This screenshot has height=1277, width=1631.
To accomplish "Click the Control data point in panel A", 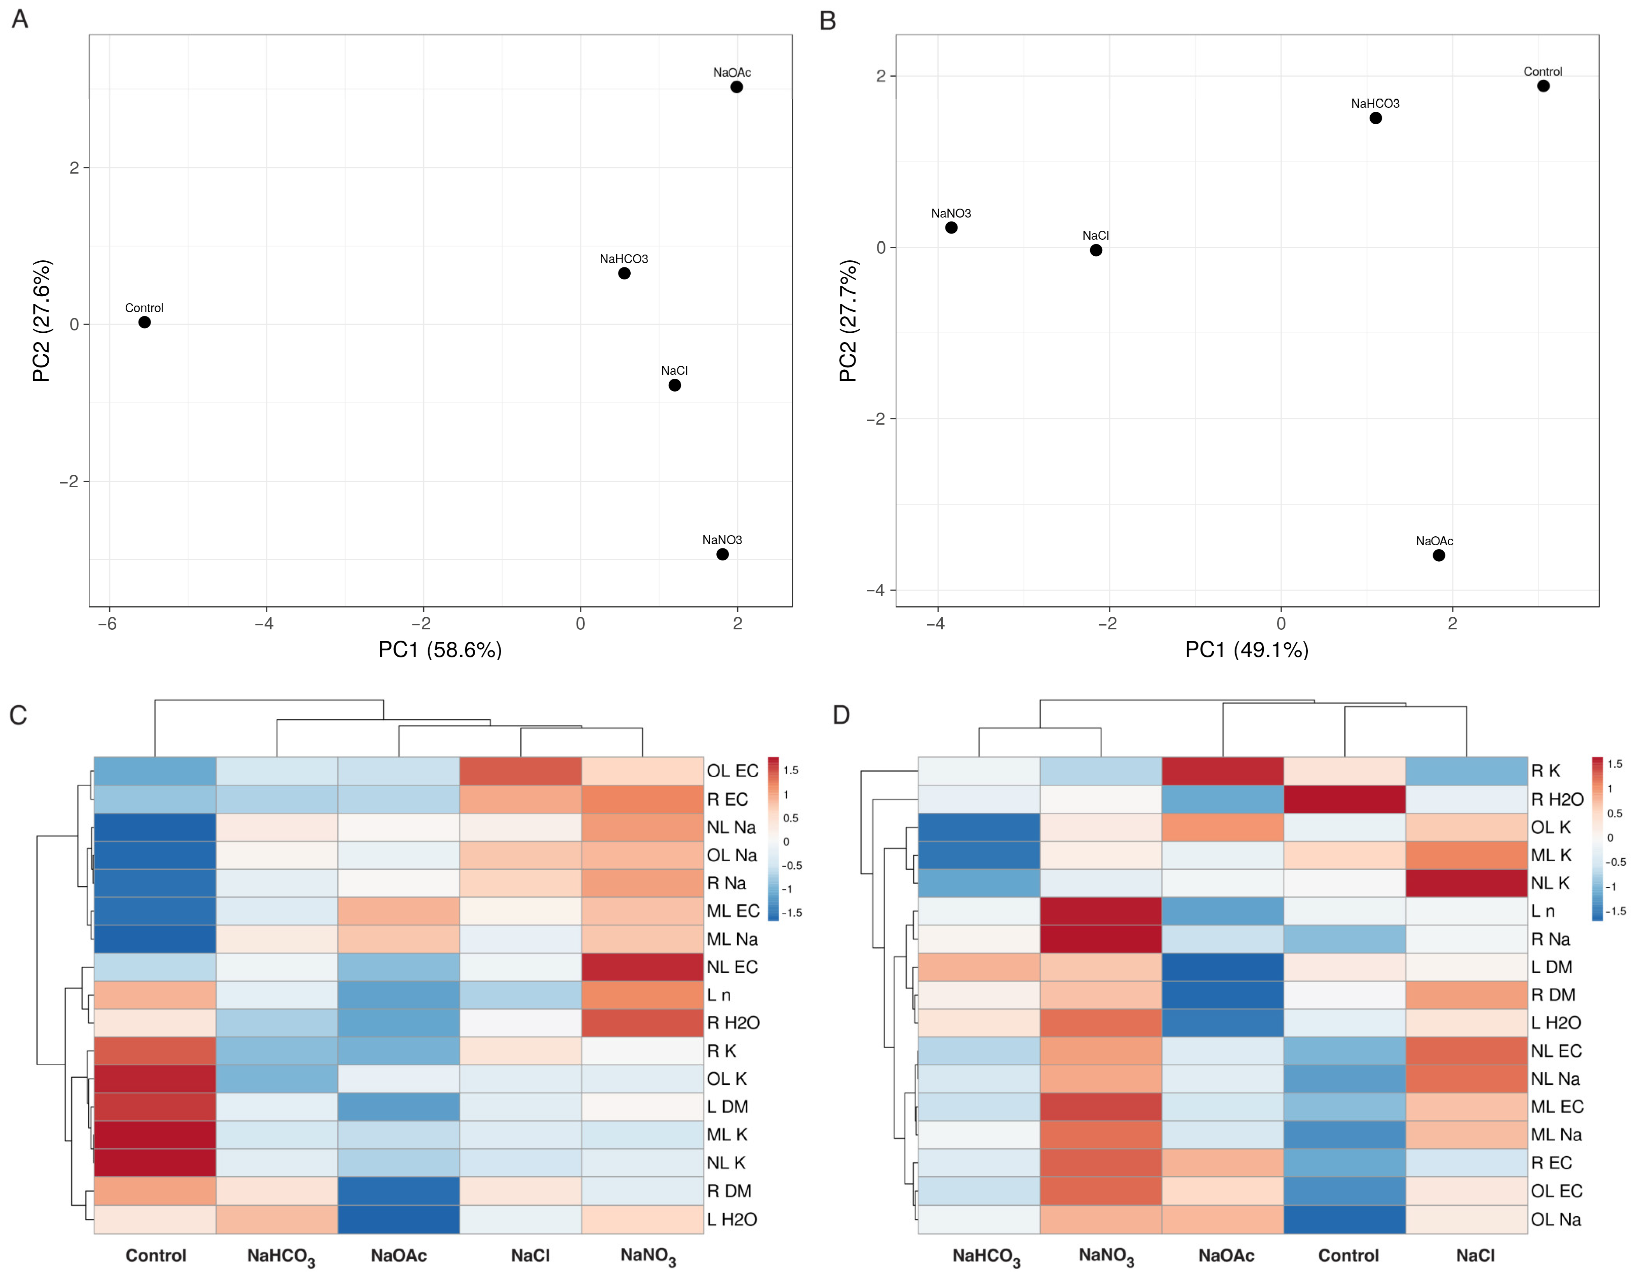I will coord(144,322).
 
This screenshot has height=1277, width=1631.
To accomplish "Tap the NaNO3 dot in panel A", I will coord(722,554).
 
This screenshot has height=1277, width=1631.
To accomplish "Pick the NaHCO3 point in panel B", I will coord(1375,118).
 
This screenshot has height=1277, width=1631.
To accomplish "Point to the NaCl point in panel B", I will coord(1096,251).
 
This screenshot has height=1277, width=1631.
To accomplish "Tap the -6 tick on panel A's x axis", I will coord(108,624).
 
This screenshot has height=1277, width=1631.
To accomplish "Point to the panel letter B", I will coord(828,21).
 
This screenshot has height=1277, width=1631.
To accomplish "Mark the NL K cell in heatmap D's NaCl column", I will coord(1466,883).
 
